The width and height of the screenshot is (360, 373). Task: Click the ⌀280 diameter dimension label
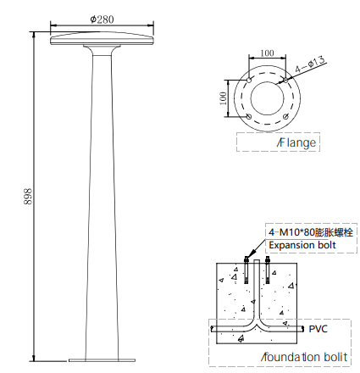coord(102,19)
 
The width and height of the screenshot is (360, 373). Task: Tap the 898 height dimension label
coord(28,197)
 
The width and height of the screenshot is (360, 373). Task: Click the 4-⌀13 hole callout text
coord(310,64)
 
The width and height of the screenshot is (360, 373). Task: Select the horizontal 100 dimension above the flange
coord(267,53)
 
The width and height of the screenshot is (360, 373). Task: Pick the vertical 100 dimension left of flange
coord(223,98)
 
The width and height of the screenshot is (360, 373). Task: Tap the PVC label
coord(318,329)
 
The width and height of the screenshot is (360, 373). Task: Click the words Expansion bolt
coord(302,245)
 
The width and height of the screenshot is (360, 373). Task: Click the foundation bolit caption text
coord(304,357)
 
